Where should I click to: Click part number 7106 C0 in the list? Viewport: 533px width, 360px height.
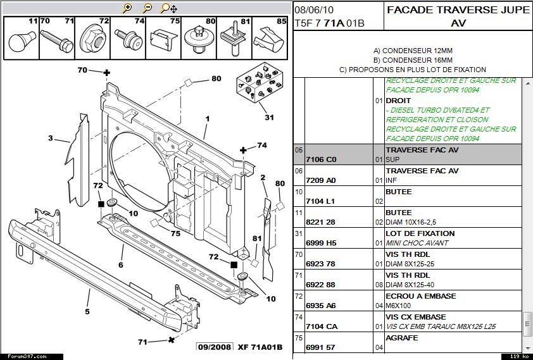click(320, 159)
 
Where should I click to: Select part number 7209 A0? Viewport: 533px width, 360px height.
click(320, 180)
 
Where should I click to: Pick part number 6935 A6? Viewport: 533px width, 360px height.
click(320, 306)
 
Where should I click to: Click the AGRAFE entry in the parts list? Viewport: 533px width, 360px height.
click(401, 338)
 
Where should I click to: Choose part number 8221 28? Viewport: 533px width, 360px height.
click(320, 222)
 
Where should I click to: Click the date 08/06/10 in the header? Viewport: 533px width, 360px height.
click(314, 10)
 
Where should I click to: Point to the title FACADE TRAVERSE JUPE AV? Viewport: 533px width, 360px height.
click(458, 16)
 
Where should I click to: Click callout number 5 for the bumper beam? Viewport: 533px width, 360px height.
click(87, 311)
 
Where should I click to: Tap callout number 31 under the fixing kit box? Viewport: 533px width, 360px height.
click(270, 117)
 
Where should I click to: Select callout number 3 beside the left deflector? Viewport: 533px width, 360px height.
click(50, 138)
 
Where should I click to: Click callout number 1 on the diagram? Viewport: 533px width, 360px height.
click(206, 118)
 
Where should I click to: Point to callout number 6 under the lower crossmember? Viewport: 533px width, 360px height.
click(120, 265)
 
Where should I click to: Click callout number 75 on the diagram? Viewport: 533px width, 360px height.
click(175, 233)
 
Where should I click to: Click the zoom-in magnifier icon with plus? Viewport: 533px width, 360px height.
click(127, 8)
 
